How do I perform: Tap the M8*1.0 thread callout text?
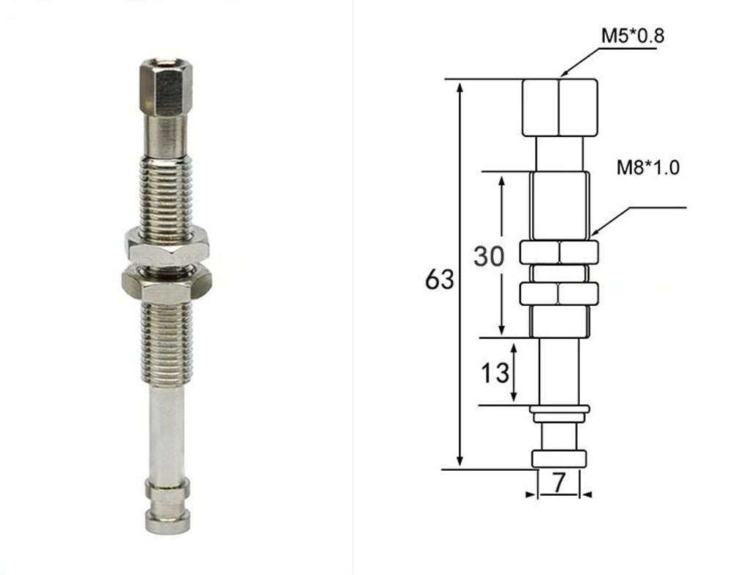(647, 167)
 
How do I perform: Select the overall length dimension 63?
(440, 279)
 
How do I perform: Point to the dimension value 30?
(489, 257)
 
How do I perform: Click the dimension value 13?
(495, 373)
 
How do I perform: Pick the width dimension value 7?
(559, 483)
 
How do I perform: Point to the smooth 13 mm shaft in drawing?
(559, 370)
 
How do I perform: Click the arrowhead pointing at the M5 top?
(563, 73)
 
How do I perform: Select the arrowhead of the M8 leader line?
(595, 232)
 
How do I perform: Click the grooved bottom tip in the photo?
(167, 506)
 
